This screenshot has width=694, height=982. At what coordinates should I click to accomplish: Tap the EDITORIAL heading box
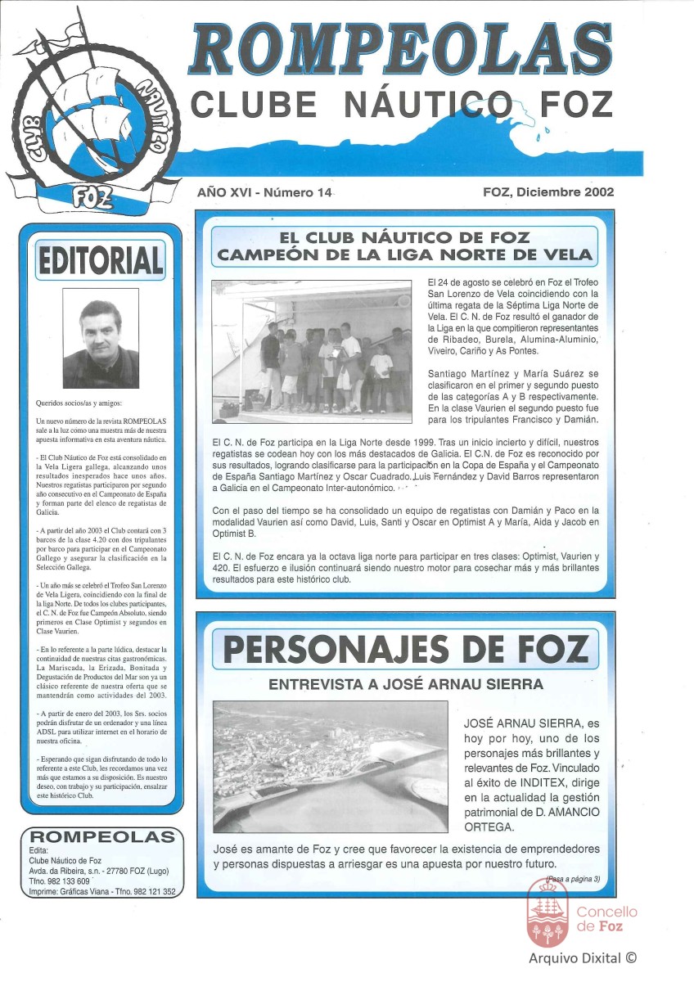pyautogui.click(x=100, y=260)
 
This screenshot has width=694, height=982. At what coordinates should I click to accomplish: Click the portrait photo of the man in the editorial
pyautogui.click(x=101, y=344)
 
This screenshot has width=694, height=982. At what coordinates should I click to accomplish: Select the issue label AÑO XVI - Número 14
pyautogui.click(x=264, y=192)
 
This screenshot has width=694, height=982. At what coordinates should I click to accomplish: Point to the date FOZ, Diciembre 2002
pyautogui.click(x=548, y=192)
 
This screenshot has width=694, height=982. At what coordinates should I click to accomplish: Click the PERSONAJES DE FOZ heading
pyautogui.click(x=406, y=651)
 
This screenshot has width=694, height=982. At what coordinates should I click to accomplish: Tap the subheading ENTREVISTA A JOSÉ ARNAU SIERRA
pyautogui.click(x=406, y=683)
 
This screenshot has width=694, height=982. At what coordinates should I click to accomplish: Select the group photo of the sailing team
pyautogui.click(x=312, y=351)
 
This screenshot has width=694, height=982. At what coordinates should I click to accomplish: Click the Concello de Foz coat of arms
pyautogui.click(x=548, y=909)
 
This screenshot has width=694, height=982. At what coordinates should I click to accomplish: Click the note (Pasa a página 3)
pyautogui.click(x=572, y=879)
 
